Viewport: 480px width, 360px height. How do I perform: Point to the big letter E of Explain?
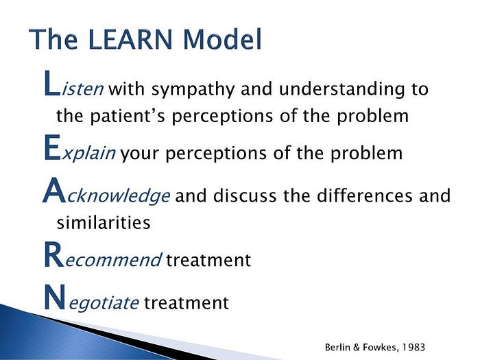(x=49, y=148)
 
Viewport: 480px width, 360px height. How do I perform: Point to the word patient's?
(x=130, y=116)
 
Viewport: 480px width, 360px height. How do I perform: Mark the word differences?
(x=353, y=196)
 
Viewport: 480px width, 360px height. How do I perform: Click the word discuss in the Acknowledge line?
(x=240, y=196)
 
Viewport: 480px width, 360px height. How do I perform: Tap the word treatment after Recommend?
(x=208, y=261)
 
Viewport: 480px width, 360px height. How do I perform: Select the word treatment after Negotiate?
(x=186, y=302)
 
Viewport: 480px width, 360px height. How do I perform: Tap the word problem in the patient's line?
(x=374, y=116)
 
